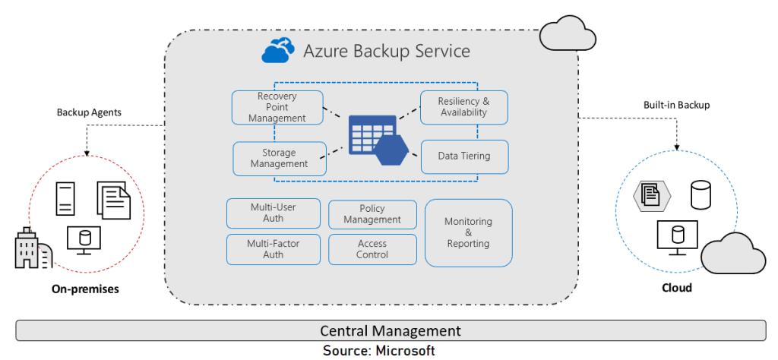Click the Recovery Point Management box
277,108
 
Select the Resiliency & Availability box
463,107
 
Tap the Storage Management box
279,158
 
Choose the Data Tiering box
463,156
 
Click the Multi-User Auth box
273,213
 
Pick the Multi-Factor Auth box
273,249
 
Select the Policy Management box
372,214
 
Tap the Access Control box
372,249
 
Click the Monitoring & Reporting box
468,232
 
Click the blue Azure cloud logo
278,51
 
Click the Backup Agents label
89,112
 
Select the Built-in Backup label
675,105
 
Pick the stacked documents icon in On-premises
114,199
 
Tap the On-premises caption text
85,289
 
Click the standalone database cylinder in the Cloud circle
700,195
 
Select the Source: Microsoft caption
378,350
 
